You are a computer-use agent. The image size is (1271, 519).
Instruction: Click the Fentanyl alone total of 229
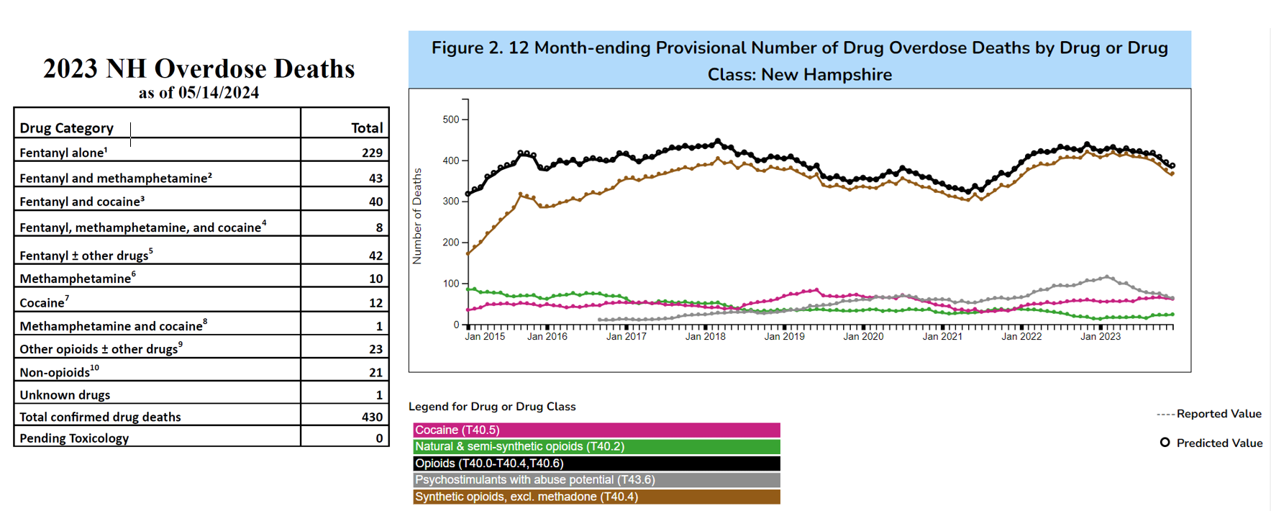pyautogui.click(x=372, y=153)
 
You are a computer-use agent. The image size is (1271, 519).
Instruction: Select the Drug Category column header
pyautogui.click(x=66, y=128)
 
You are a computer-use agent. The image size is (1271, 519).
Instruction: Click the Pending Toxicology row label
pyautogui.click(x=74, y=438)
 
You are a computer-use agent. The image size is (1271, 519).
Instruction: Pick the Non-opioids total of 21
pyautogui.click(x=375, y=372)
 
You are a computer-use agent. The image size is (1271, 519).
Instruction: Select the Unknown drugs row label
pyautogui.click(x=65, y=394)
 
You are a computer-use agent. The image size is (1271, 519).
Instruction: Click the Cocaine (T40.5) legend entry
pyautogui.click(x=596, y=430)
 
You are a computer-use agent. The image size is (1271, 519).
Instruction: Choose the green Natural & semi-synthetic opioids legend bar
pyautogui.click(x=596, y=446)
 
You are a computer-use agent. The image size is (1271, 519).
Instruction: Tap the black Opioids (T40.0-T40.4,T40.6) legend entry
pyautogui.click(x=596, y=464)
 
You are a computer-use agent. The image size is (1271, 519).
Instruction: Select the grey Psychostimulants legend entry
pyautogui.click(x=596, y=480)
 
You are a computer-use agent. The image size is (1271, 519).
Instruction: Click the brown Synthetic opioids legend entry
pyautogui.click(x=596, y=497)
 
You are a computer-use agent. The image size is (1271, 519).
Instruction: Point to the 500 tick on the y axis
pyautogui.click(x=451, y=119)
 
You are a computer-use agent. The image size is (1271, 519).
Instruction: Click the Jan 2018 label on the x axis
pyautogui.click(x=705, y=336)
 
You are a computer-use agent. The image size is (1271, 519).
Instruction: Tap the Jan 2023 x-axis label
pyautogui.click(x=1101, y=336)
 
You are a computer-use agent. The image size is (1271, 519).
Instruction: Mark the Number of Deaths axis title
pyautogui.click(x=417, y=216)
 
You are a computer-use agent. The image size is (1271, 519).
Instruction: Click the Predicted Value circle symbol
pyautogui.click(x=1165, y=443)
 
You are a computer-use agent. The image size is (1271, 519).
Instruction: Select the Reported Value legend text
pyautogui.click(x=1218, y=414)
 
